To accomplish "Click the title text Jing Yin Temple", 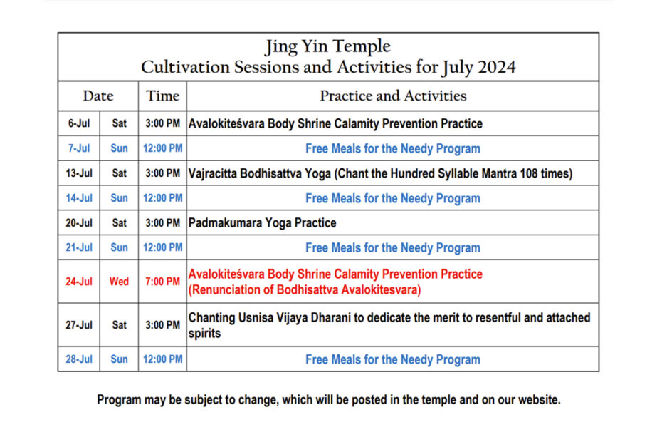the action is pyautogui.click(x=328, y=46).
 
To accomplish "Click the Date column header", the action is pyautogui.click(x=98, y=96).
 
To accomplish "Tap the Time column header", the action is pyautogui.click(x=162, y=96).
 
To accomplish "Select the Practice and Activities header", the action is pyautogui.click(x=393, y=96).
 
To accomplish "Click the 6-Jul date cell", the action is pyautogui.click(x=79, y=123).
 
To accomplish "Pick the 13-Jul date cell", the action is pyautogui.click(x=79, y=173).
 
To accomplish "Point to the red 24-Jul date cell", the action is pyautogui.click(x=79, y=282).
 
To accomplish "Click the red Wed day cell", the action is pyautogui.click(x=119, y=282).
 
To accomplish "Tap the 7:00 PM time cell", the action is pyautogui.click(x=162, y=282).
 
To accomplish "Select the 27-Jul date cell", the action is pyautogui.click(x=79, y=325).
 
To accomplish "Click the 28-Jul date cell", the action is pyautogui.click(x=79, y=359).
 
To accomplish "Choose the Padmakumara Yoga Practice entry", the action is pyautogui.click(x=262, y=223).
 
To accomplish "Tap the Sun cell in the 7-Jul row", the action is pyautogui.click(x=119, y=148).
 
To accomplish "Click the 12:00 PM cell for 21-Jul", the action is pyautogui.click(x=162, y=247).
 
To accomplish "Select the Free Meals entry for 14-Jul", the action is pyautogui.click(x=393, y=198).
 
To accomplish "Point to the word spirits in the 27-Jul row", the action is pyautogui.click(x=204, y=334).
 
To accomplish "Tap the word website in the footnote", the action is pyautogui.click(x=539, y=400).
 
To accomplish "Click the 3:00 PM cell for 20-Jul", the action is pyautogui.click(x=162, y=223).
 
